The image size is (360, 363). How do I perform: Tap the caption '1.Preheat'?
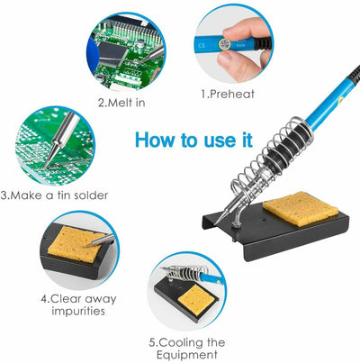pyautogui.click(x=228, y=94)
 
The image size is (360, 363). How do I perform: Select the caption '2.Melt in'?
pyautogui.click(x=122, y=102)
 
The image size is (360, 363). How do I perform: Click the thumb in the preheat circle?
pyautogui.click(x=236, y=39)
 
